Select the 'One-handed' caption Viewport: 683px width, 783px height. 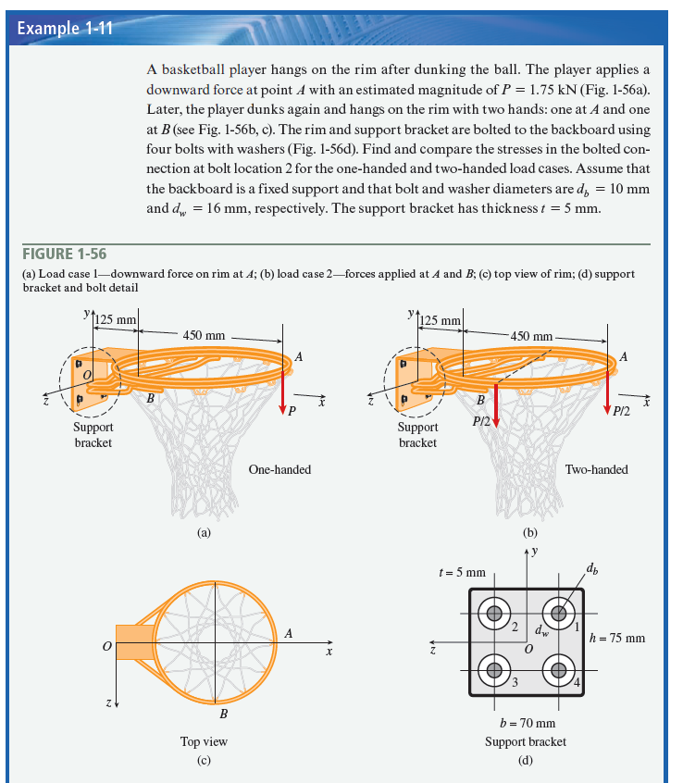click(279, 469)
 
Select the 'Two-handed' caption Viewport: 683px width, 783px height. click(596, 469)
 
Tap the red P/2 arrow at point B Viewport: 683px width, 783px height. click(496, 408)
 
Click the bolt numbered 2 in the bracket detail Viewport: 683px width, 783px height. click(495, 613)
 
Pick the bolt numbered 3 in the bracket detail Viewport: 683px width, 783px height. click(495, 669)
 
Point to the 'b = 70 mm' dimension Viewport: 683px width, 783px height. click(526, 722)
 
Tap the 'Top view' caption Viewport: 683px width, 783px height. click(204, 741)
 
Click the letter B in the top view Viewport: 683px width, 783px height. click(223, 714)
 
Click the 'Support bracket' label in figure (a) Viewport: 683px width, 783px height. click(93, 435)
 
